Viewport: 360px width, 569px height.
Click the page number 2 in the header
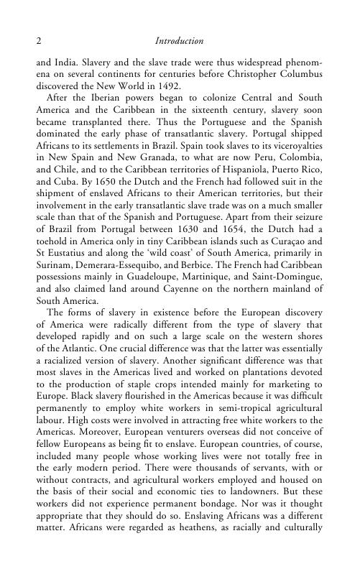point(38,42)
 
